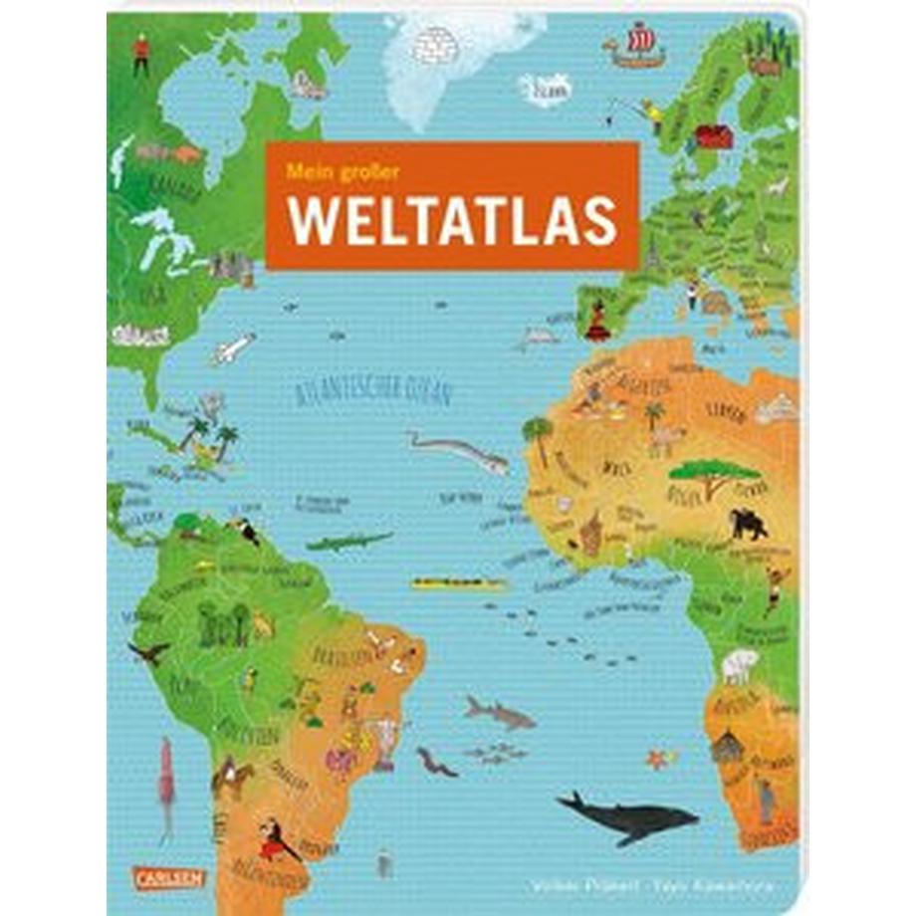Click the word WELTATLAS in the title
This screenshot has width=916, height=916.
452,224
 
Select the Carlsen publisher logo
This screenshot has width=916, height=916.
177,878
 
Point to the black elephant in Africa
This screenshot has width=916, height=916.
749,524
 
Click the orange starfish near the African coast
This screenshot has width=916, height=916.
655,760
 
